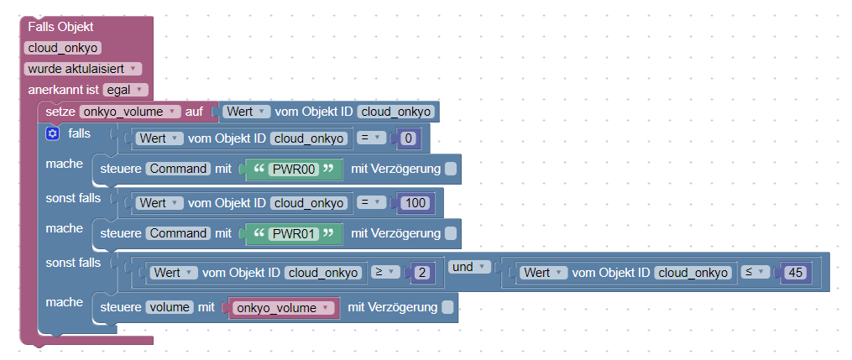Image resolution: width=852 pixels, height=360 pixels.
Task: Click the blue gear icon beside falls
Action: pyautogui.click(x=52, y=133)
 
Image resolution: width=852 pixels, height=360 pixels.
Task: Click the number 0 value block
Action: pyautogui.click(x=409, y=138)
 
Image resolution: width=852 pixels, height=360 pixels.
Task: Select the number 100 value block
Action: pyautogui.click(x=415, y=202)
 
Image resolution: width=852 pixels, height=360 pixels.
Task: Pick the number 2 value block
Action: pyautogui.click(x=422, y=273)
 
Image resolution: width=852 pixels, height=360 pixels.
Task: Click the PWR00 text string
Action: pyautogui.click(x=292, y=169)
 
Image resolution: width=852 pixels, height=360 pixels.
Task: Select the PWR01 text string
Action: pyautogui.click(x=292, y=233)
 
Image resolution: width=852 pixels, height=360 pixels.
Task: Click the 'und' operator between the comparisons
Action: pyautogui.click(x=463, y=267)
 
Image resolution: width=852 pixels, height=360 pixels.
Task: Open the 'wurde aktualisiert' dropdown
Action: pyautogui.click(x=84, y=69)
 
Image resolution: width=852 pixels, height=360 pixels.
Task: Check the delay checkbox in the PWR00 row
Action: pyautogui.click(x=451, y=169)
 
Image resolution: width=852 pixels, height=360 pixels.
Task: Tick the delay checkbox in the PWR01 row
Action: pyautogui.click(x=451, y=233)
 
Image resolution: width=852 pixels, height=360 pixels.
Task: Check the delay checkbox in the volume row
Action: pyautogui.click(x=447, y=308)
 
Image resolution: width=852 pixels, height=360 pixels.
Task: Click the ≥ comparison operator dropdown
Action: pyautogui.click(x=382, y=273)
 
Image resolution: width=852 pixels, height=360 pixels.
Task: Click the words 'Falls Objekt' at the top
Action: pyautogui.click(x=60, y=28)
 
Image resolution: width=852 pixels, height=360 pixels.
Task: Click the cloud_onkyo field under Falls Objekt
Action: pyautogui.click(x=64, y=49)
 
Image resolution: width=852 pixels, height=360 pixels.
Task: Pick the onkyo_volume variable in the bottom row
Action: pyautogui.click(x=282, y=308)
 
